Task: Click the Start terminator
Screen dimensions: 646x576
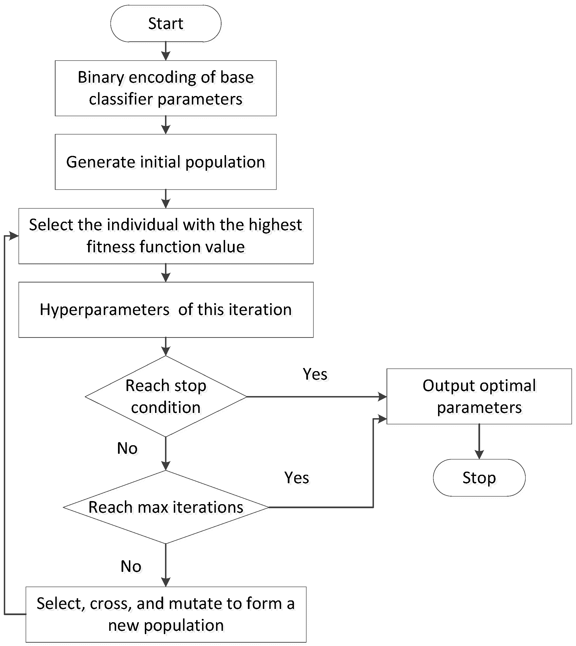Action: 165,24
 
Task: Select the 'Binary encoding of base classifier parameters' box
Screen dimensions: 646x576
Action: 165,88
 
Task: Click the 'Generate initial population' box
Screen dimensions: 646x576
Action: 165,162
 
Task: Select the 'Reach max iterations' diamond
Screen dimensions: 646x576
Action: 165,507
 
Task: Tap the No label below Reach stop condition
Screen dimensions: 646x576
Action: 127,448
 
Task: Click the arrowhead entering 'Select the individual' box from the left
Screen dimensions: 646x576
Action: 13,236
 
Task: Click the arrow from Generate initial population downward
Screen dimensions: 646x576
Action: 165,199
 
